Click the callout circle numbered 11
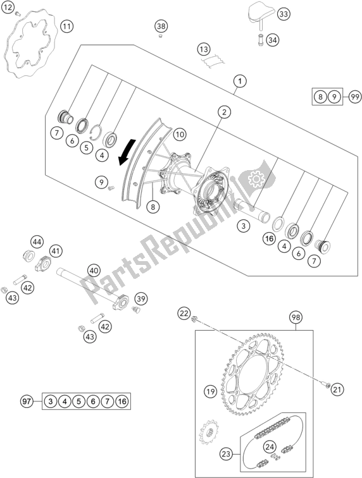[x=67, y=27]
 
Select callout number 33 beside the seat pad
[x=284, y=14]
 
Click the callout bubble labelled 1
[x=240, y=82]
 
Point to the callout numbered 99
[x=354, y=97]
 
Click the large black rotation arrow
[x=127, y=152]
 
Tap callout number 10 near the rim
[x=180, y=134]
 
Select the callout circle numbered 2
[x=224, y=112]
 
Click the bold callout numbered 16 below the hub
[x=269, y=238]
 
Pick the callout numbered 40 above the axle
[x=94, y=271]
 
